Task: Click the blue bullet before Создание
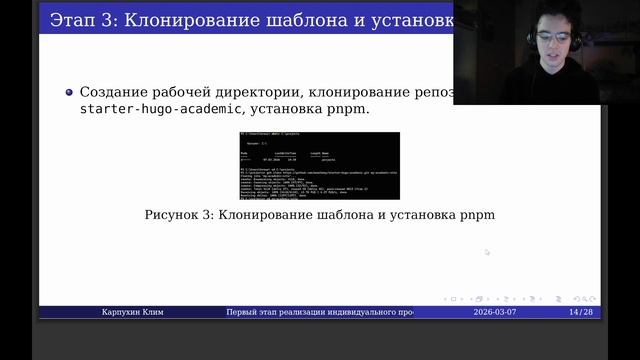click(x=69, y=90)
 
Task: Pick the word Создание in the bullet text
click(x=110, y=90)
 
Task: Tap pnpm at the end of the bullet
click(x=351, y=108)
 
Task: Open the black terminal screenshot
click(x=319, y=165)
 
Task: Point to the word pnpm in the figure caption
click(x=478, y=215)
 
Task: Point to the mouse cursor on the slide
click(x=487, y=252)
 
